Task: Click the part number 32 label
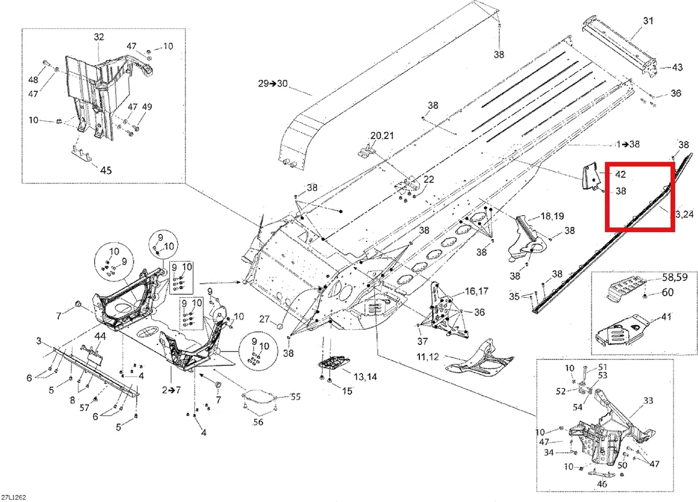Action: pos(99,37)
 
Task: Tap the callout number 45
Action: pos(106,170)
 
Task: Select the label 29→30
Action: pos(273,84)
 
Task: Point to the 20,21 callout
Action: pos(382,136)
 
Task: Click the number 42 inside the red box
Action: pos(621,174)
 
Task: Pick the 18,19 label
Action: pos(553,216)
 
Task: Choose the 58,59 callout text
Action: pos(675,277)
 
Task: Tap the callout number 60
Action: pos(668,292)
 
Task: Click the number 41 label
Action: pos(666,317)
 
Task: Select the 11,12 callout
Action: pos(428,357)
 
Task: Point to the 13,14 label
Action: pos(365,377)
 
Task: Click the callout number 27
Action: pos(264,319)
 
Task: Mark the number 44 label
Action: pos(100,336)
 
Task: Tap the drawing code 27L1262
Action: pos(14,497)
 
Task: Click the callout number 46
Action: pos(601,484)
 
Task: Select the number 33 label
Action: pos(648,400)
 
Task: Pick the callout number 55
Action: pos(295,397)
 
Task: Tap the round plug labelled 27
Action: pos(281,326)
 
